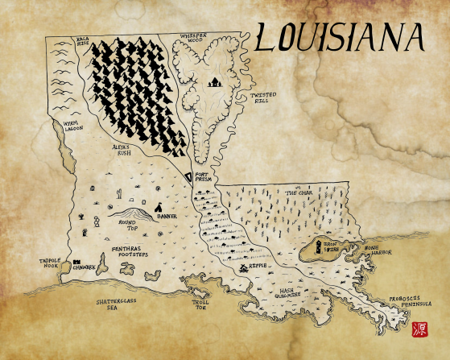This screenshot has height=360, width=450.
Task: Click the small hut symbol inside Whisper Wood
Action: tap(215, 82)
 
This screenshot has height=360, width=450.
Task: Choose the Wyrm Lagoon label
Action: tap(62, 127)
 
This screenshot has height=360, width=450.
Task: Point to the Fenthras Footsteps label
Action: tap(130, 251)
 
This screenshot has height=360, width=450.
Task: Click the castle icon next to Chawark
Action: tap(76, 263)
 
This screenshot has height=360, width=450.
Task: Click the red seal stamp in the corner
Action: tap(419, 329)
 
